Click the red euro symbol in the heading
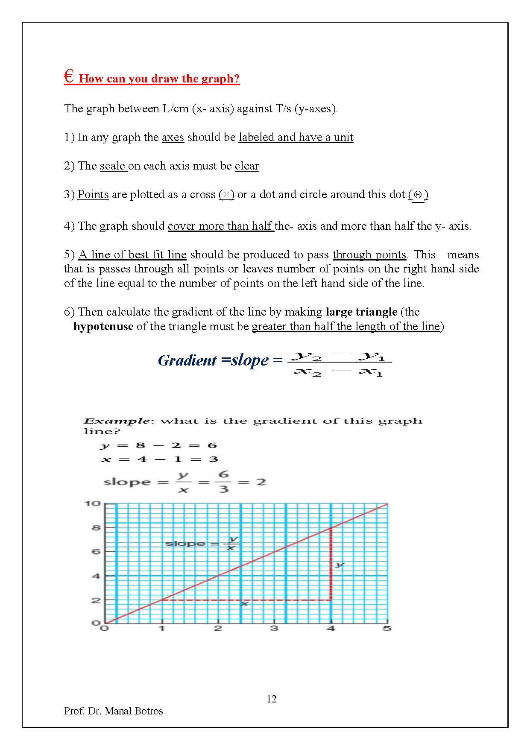tap(69, 77)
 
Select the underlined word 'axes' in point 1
tap(173, 138)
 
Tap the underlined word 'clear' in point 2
tap(247, 166)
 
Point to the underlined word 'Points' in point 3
tap(93, 195)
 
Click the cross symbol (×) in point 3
tap(226, 195)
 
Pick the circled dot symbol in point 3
tap(418, 195)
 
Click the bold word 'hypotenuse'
tap(103, 327)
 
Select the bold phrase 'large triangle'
tap(361, 312)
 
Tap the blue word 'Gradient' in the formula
tap(187, 361)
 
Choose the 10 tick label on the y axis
tap(92, 504)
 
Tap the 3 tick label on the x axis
tap(274, 628)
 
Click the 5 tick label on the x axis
tap(387, 628)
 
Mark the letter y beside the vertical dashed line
tap(340, 565)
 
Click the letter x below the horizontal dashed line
tap(244, 603)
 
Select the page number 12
tap(272, 699)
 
